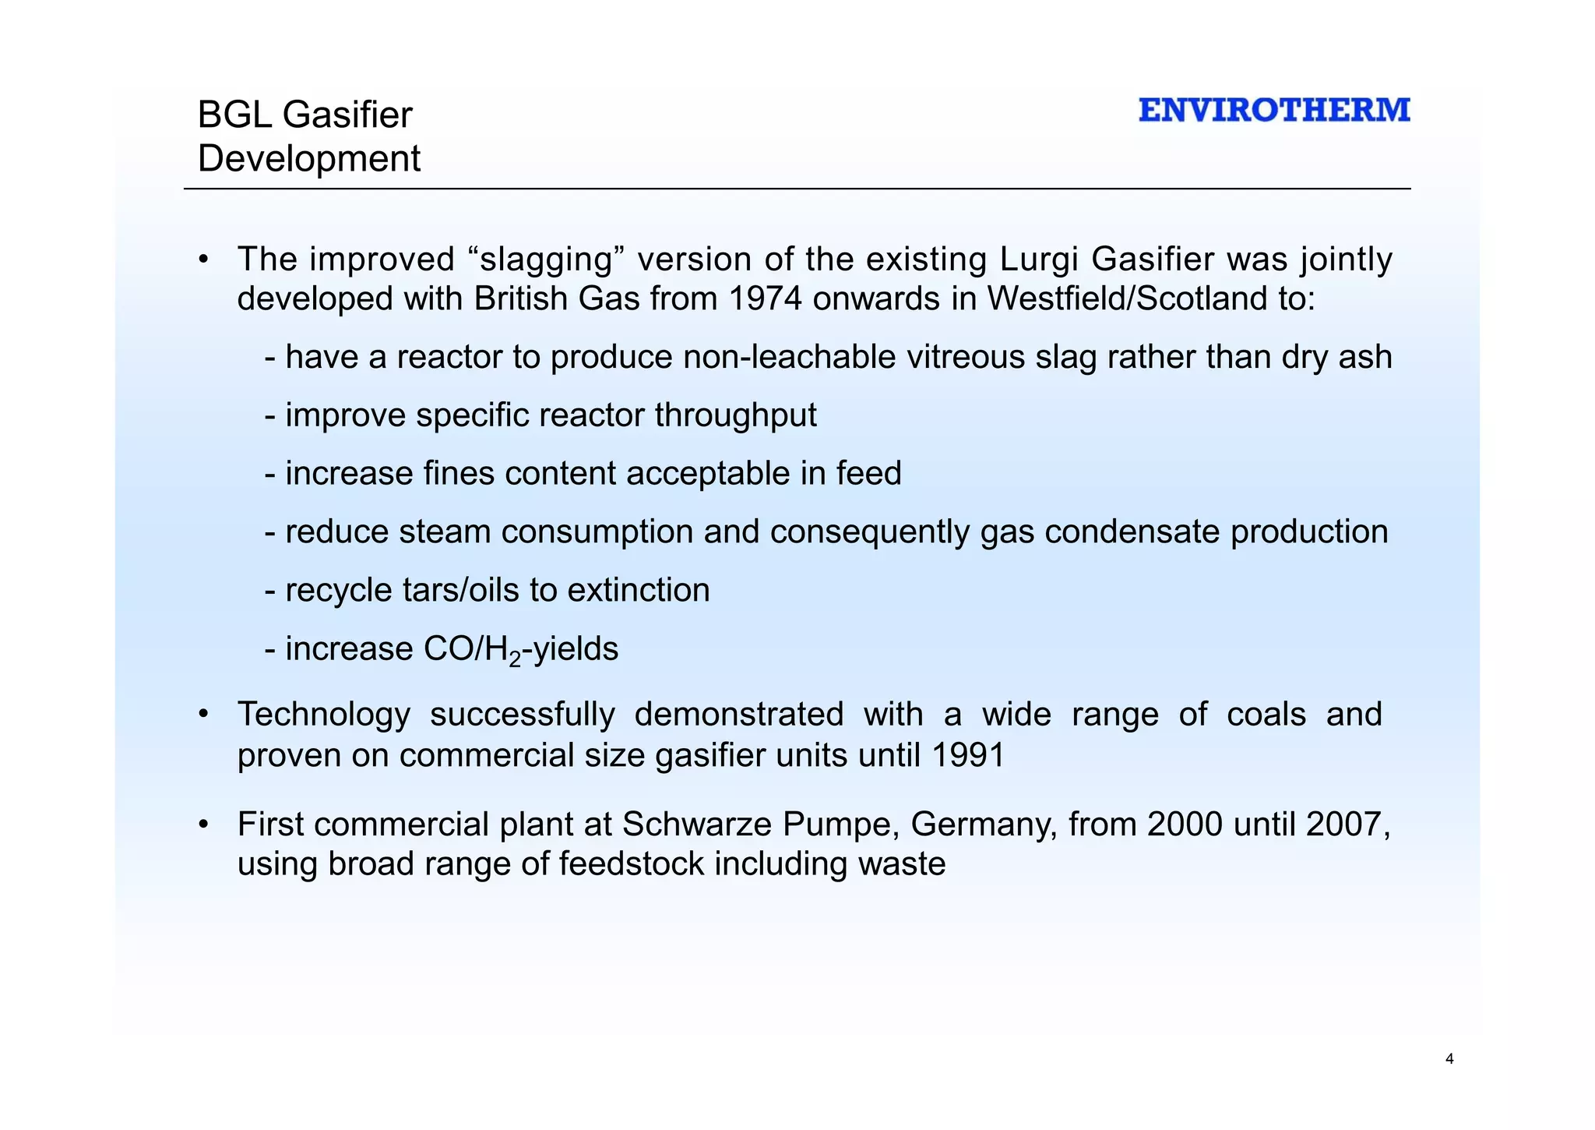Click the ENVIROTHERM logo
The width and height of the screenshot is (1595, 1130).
click(1274, 110)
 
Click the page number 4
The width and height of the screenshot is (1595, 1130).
click(1449, 1058)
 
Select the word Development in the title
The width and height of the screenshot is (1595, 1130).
click(309, 158)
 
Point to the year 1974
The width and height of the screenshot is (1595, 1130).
click(766, 298)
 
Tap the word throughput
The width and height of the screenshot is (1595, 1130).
click(735, 415)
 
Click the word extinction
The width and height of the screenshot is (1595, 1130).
click(639, 590)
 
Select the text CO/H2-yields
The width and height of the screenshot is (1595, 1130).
click(520, 649)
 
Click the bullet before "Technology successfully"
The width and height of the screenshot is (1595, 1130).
click(203, 715)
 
